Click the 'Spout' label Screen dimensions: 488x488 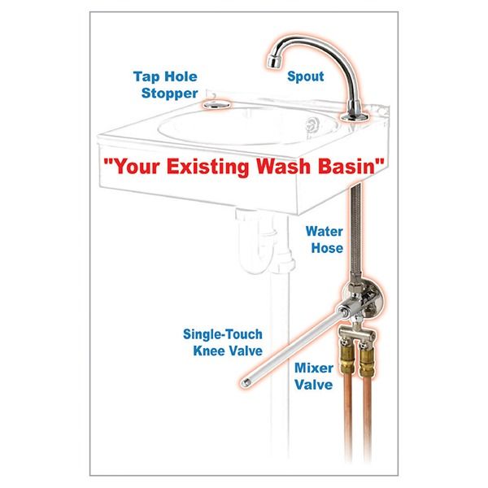(306, 76)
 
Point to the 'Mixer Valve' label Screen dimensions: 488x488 (312, 377)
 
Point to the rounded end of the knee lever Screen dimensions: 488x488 (245, 380)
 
